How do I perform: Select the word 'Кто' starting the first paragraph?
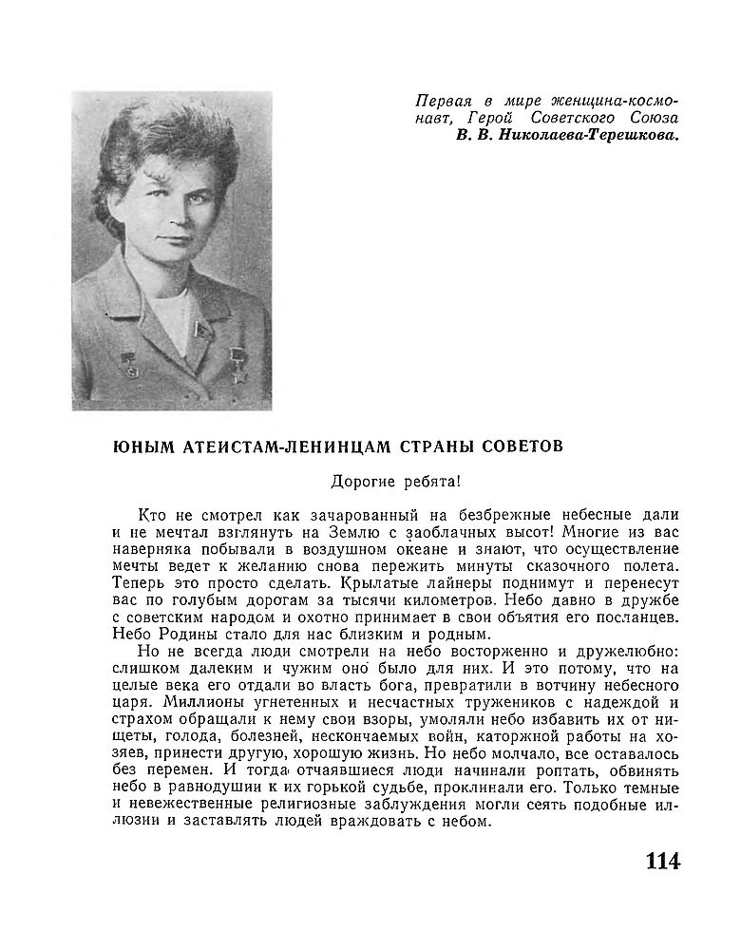[x=151, y=514]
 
